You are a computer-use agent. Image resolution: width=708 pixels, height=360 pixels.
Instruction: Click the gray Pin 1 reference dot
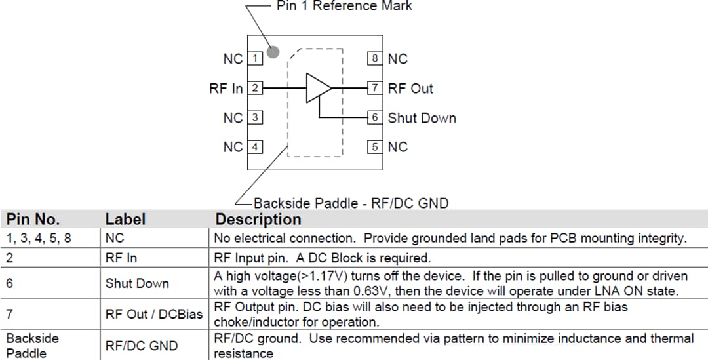click(273, 52)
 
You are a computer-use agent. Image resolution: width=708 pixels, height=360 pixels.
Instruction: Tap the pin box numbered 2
click(255, 88)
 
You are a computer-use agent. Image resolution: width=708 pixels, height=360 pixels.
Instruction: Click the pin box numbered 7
click(374, 88)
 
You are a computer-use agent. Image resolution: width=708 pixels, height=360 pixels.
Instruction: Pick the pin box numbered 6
click(374, 118)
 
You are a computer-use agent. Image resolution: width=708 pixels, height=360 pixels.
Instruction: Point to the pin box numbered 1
click(255, 59)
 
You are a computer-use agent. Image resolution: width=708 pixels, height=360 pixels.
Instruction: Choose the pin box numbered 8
click(374, 59)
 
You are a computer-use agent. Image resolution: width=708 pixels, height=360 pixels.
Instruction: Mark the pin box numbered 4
click(255, 147)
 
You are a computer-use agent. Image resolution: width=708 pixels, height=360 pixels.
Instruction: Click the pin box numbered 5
click(374, 147)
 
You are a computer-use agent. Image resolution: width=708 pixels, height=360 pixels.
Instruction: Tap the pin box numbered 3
click(255, 118)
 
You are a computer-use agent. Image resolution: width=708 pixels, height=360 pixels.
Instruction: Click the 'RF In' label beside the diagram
click(226, 89)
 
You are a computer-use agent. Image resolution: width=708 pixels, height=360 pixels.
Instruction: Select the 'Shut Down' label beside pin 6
click(422, 119)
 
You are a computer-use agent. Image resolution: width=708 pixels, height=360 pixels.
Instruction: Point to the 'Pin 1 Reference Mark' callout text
click(344, 7)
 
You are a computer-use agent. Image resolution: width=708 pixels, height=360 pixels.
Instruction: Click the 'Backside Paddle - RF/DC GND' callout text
click(351, 203)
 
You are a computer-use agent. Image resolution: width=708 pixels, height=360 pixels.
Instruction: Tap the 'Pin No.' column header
click(33, 219)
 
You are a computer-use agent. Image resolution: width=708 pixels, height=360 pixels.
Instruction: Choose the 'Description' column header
click(258, 219)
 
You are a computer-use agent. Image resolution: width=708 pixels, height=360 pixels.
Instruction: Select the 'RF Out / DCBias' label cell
click(154, 315)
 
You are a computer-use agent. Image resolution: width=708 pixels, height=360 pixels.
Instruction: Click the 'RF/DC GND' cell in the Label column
click(142, 346)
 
